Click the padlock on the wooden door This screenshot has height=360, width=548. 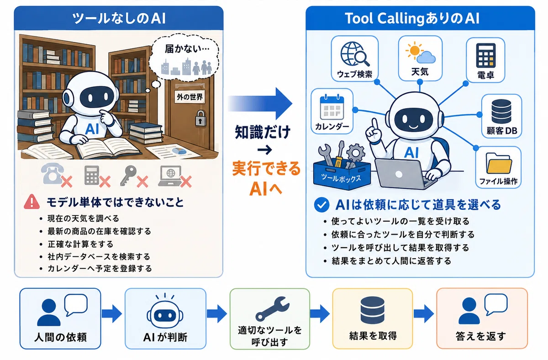(200, 118)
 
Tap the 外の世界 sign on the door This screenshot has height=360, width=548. (190, 97)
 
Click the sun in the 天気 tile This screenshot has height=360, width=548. (414, 50)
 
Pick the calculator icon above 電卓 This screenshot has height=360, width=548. (485, 56)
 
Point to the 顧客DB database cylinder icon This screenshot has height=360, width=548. (501, 111)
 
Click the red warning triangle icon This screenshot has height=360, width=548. (32, 202)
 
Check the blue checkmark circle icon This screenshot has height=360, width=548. (321, 205)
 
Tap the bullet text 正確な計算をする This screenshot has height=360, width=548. (80, 244)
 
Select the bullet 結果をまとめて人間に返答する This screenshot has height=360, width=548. (391, 261)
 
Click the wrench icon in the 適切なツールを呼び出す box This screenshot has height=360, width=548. (272, 309)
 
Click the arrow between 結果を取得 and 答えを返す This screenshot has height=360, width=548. (423, 313)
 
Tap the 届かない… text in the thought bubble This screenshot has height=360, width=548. (187, 49)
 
